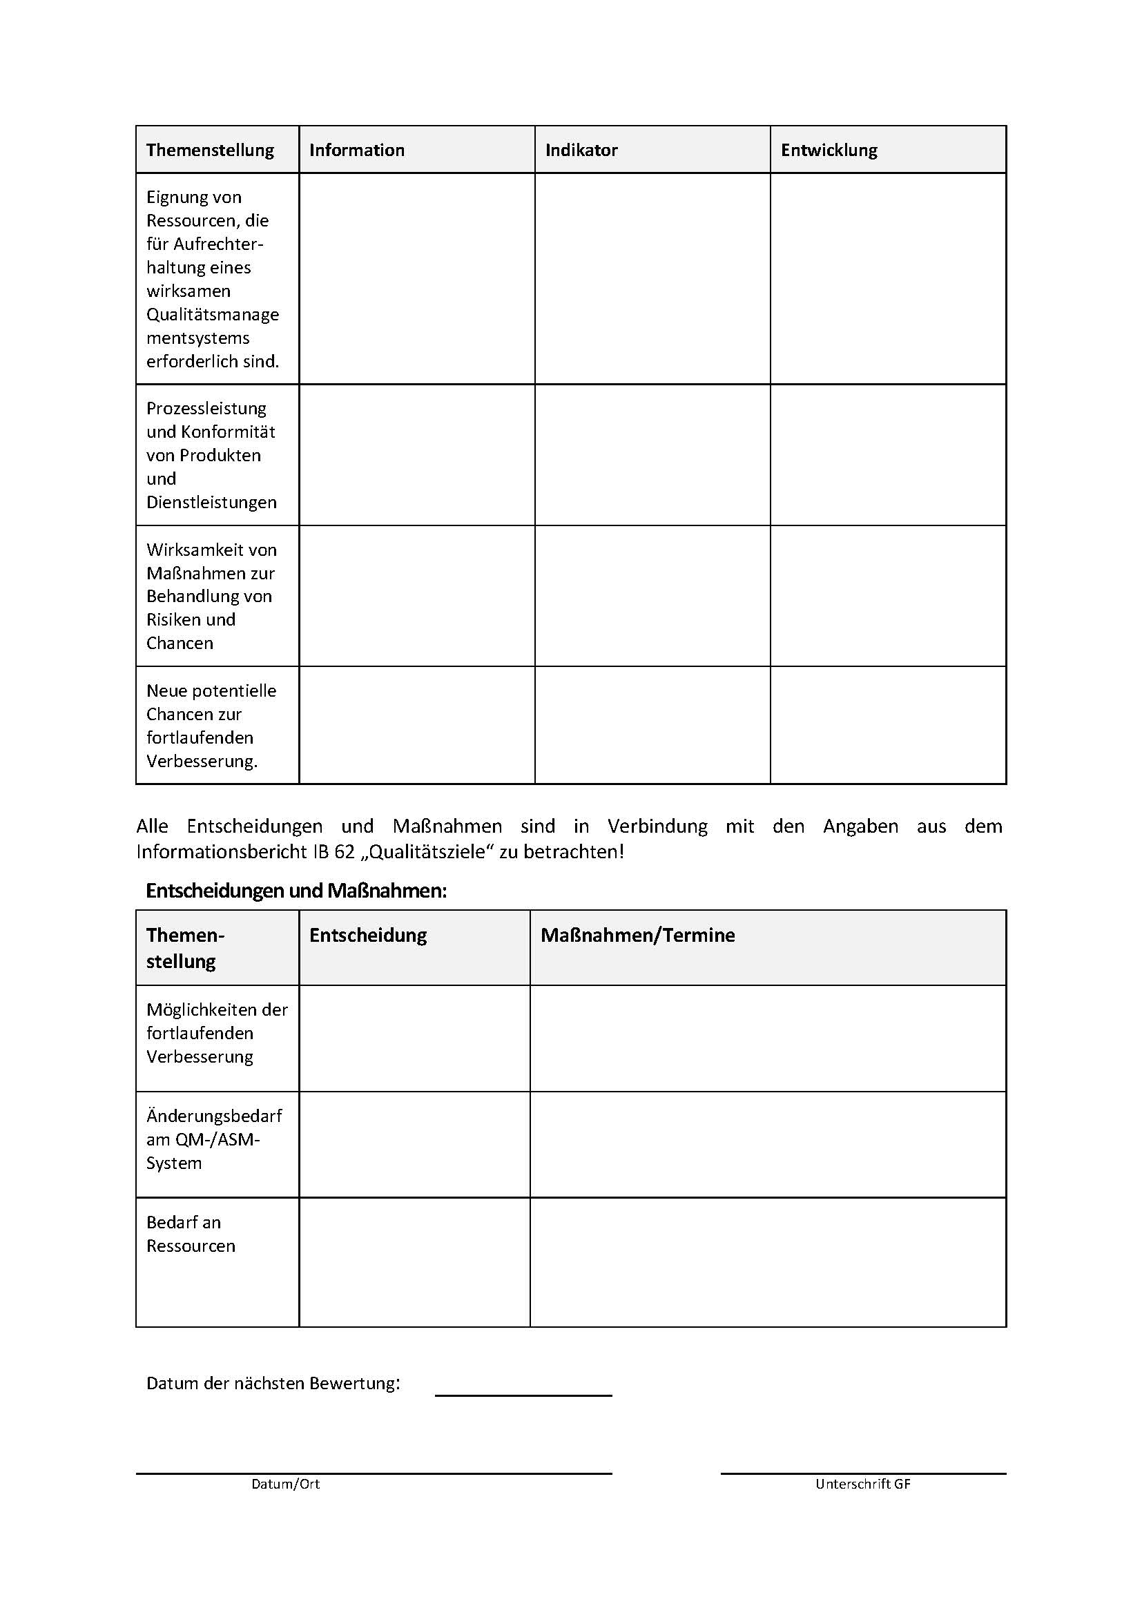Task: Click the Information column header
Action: (x=356, y=150)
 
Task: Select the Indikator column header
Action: (x=581, y=150)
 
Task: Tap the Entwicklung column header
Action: (x=829, y=150)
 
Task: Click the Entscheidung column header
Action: (x=368, y=935)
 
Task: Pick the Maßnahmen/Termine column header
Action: (x=637, y=935)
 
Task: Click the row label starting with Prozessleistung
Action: (x=211, y=454)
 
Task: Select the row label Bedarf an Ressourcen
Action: (x=191, y=1234)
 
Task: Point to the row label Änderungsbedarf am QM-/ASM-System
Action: (x=214, y=1139)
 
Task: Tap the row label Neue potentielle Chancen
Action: (x=211, y=725)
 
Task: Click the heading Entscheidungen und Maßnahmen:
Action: (x=296, y=891)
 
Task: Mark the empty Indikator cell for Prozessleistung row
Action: (x=652, y=454)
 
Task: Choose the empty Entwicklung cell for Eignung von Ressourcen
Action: (x=887, y=278)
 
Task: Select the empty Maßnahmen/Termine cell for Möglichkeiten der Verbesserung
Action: (x=767, y=1038)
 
